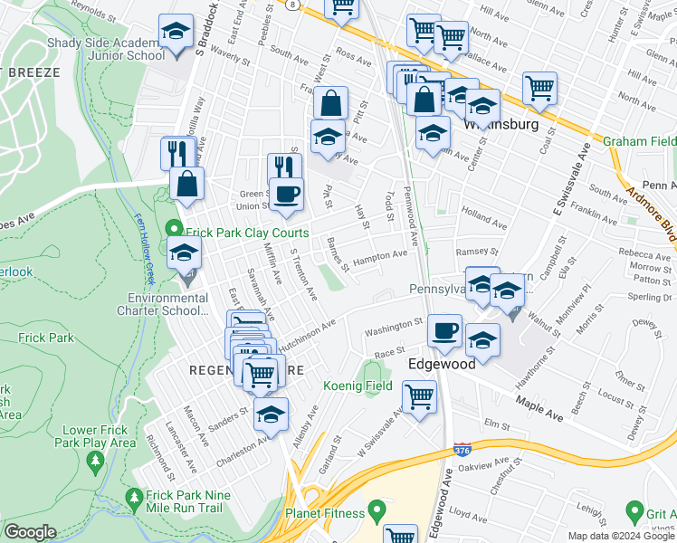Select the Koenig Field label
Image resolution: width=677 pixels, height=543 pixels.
pyautogui.click(x=358, y=386)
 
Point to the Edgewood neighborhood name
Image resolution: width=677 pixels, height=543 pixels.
pyautogui.click(x=441, y=363)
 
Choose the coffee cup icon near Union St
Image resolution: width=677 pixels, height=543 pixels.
pyautogui.click(x=287, y=195)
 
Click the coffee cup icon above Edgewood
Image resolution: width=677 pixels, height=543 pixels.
pyautogui.click(x=443, y=331)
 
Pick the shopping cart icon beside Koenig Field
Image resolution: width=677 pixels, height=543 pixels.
pyautogui.click(x=419, y=396)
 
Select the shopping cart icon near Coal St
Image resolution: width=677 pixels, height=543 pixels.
pyautogui.click(x=539, y=89)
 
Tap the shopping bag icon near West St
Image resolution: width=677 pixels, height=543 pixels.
pyautogui.click(x=331, y=102)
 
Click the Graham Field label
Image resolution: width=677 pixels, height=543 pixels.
pyautogui.click(x=639, y=141)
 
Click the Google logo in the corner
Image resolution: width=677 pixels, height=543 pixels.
pyautogui.click(x=29, y=532)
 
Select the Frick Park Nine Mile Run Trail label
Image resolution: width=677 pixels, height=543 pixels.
pyautogui.click(x=179, y=502)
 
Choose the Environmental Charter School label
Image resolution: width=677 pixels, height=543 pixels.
pyautogui.click(x=169, y=305)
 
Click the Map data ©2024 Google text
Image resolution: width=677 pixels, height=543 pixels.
pyautogui.click(x=621, y=536)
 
